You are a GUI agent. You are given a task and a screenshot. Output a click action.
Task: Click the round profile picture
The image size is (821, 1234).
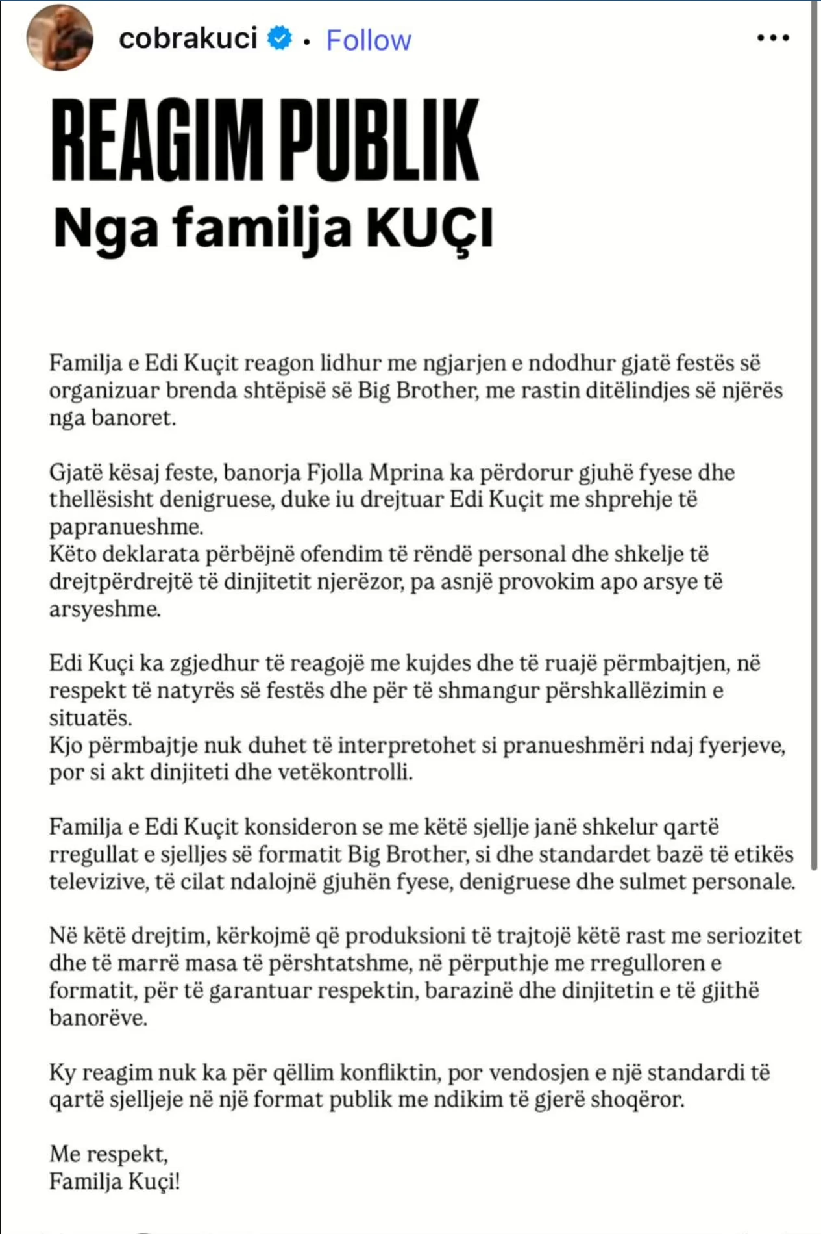(59, 38)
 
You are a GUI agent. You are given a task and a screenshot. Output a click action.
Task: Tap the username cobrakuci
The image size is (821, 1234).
(188, 38)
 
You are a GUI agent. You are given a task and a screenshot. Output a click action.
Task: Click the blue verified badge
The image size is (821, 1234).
(280, 38)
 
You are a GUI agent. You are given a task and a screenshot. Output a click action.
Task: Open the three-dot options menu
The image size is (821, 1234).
(773, 38)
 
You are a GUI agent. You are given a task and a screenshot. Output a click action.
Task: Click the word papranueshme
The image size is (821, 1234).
(126, 527)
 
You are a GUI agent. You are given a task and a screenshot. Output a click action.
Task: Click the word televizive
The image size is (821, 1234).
(98, 881)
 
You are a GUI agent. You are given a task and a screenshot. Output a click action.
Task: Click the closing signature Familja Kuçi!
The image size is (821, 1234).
(114, 1181)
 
